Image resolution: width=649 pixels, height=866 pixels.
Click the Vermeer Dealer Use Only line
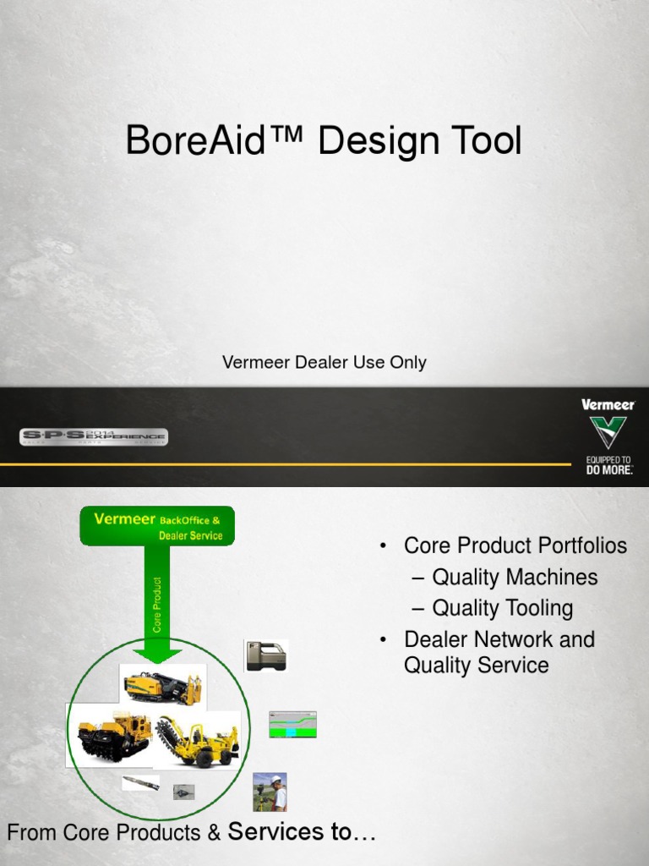pos(324,363)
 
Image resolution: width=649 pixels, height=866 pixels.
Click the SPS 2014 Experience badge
pos(94,436)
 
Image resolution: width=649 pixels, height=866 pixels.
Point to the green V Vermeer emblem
pos(608,432)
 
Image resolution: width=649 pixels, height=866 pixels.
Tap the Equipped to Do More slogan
pos(608,464)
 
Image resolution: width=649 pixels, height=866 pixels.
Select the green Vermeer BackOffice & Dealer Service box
pos(157,526)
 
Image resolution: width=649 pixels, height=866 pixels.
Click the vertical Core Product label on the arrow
pos(157,604)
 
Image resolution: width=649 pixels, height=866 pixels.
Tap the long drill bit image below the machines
pos(140,783)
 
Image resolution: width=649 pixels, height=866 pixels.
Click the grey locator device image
pos(266,656)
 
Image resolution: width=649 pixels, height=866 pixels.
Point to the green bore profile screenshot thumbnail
pos(292,725)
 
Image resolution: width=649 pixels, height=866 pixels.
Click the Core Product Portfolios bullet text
pos(515,545)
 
